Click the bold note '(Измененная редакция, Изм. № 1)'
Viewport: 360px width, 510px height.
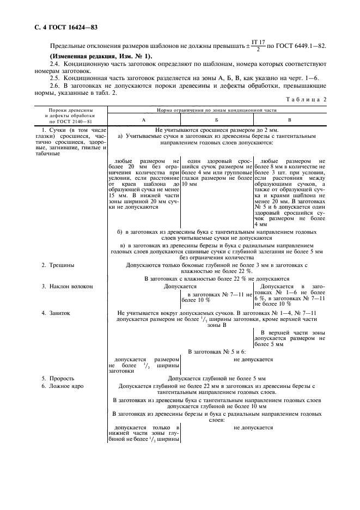(101, 57)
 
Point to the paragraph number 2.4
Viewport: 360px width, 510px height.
(55, 65)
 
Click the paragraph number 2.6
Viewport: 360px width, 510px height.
(55, 87)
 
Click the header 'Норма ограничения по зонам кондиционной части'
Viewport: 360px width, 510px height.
(217, 111)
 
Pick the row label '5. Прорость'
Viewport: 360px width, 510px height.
(59, 378)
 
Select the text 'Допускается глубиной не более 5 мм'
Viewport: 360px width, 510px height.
(217, 378)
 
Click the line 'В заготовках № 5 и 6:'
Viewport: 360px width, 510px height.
(217, 352)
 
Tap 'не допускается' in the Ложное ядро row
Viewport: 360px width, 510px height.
(253, 428)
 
